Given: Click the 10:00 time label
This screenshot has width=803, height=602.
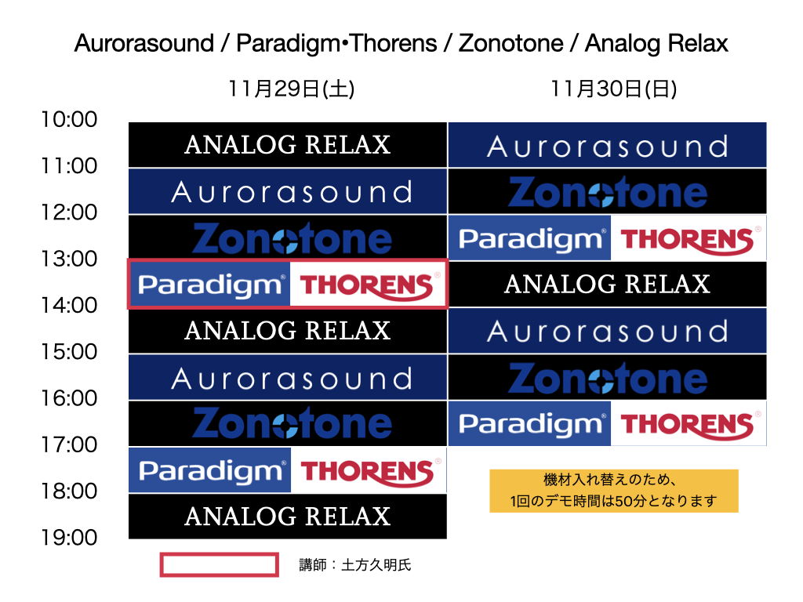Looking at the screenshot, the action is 69,119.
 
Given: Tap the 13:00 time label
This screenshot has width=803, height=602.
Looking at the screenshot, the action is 69,259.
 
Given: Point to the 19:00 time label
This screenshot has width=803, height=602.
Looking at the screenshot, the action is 69,538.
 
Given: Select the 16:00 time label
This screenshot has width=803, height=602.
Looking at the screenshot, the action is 69,397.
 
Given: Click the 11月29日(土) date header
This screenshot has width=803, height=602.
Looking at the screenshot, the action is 291,89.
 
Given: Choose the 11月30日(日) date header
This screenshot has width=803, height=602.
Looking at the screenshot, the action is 613,89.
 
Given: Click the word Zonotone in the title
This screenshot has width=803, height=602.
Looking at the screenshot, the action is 511,43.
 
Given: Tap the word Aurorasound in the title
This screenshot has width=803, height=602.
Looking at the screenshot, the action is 144,43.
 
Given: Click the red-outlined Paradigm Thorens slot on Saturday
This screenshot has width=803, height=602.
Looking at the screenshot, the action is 287,284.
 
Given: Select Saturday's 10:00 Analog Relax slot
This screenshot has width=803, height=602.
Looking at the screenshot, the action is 287,145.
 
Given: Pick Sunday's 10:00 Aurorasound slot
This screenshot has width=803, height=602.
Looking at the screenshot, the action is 608,145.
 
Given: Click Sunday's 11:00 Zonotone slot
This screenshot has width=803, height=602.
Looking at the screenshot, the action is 608,191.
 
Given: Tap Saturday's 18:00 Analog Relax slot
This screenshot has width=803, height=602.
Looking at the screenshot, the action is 287,517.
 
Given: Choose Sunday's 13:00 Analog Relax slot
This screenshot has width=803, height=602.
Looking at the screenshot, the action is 608,284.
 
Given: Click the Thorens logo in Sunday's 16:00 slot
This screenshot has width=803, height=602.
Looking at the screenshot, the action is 689,423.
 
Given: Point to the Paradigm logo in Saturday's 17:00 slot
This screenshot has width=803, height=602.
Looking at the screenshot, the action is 210,470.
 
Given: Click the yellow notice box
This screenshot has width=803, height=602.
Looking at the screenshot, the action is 614,491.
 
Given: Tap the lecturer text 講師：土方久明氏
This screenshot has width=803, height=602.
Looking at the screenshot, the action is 355,564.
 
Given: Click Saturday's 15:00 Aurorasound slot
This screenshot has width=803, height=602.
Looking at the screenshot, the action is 287,377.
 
